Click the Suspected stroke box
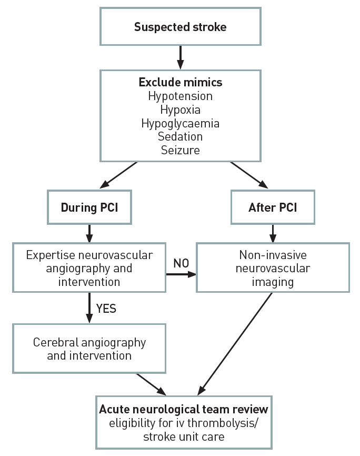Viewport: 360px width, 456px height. pyautogui.click(x=180, y=26)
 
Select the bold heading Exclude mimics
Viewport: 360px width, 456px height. pyautogui.click(x=180, y=83)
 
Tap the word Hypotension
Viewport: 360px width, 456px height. pyautogui.click(x=180, y=96)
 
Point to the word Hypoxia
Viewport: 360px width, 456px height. pyautogui.click(x=180, y=110)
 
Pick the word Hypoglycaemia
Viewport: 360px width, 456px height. pyautogui.click(x=180, y=124)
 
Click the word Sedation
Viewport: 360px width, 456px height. pyautogui.click(x=180, y=137)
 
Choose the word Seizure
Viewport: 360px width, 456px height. pyautogui.click(x=180, y=151)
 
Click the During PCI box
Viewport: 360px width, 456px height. pyautogui.click(x=89, y=207)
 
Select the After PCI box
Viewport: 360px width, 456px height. pyautogui.click(x=273, y=207)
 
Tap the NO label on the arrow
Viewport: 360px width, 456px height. pyautogui.click(x=181, y=263)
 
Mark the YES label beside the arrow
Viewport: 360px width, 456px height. pyautogui.click(x=106, y=309)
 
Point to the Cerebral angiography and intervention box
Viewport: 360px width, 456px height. pyautogui.click(x=89, y=349)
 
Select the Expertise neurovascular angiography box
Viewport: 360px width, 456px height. pyautogui.click(x=89, y=268)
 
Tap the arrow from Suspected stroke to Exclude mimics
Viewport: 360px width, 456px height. pyautogui.click(x=180, y=57)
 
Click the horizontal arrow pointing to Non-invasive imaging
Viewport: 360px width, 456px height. pyautogui.click(x=181, y=274)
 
